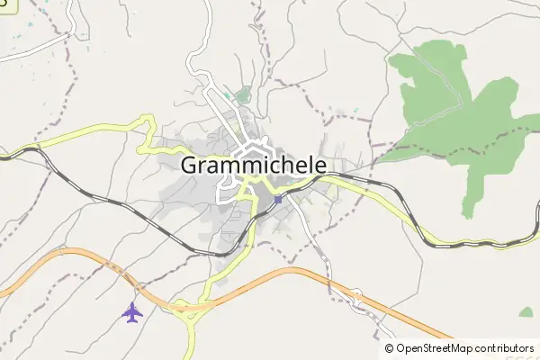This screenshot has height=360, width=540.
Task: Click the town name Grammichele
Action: pyautogui.click(x=254, y=165)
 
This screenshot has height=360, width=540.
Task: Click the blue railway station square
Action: pyautogui.click(x=278, y=200)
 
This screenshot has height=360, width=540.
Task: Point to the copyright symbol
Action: pyautogui.click(x=390, y=348)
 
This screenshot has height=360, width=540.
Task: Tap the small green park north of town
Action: pyautogui.click(x=242, y=94)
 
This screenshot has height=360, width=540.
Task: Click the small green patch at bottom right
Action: pyautogui.click(x=526, y=312)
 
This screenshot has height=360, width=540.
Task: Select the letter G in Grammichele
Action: pyautogui.click(x=191, y=166)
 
